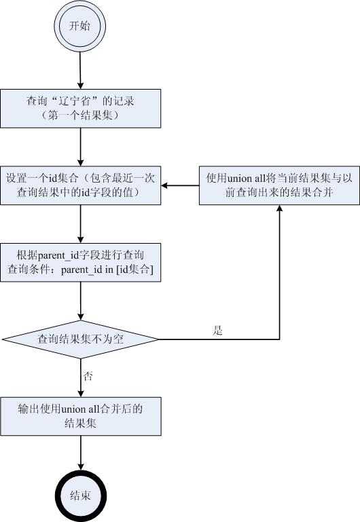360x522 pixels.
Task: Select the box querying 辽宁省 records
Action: tap(81, 109)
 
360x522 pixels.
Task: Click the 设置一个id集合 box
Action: tap(81, 185)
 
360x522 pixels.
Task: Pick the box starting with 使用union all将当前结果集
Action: tap(279, 185)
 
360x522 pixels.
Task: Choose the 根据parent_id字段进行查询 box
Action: tap(81, 262)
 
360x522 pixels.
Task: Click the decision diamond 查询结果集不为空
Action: tap(80, 339)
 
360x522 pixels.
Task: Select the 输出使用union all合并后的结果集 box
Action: tap(81, 416)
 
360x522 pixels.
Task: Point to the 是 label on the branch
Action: tap(217, 331)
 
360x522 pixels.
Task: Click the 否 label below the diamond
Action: tap(88, 377)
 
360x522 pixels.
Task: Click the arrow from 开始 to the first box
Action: tap(80, 71)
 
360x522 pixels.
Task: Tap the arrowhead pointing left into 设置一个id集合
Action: tap(164, 185)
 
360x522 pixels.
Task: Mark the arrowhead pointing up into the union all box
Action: tap(279, 208)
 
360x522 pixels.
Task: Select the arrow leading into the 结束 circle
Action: tap(80, 453)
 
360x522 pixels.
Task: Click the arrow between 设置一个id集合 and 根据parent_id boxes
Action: tap(80, 224)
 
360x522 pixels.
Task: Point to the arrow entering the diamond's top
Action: tap(80, 301)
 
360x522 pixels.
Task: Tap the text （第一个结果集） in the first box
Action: tap(80, 115)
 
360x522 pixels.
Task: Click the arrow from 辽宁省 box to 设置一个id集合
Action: tap(80, 147)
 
